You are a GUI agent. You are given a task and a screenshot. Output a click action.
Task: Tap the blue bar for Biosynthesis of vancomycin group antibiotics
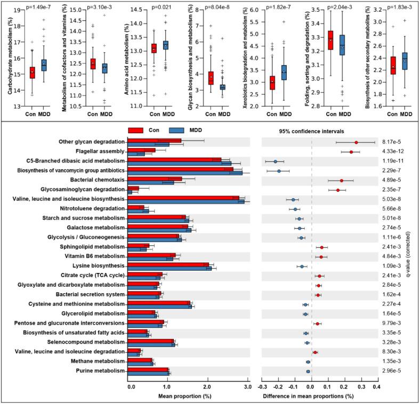(186, 173)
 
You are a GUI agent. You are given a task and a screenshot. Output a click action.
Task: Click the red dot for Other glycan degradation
(356, 142)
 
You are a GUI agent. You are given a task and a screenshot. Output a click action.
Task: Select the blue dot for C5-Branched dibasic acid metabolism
(276, 161)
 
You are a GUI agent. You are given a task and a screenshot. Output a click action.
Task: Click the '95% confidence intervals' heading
(319, 131)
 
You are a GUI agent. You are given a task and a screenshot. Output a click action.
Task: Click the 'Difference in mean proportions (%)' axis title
(319, 396)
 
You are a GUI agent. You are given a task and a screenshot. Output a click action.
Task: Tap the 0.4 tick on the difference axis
(377, 387)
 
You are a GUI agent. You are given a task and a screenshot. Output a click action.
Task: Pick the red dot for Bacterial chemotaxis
(342, 180)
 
